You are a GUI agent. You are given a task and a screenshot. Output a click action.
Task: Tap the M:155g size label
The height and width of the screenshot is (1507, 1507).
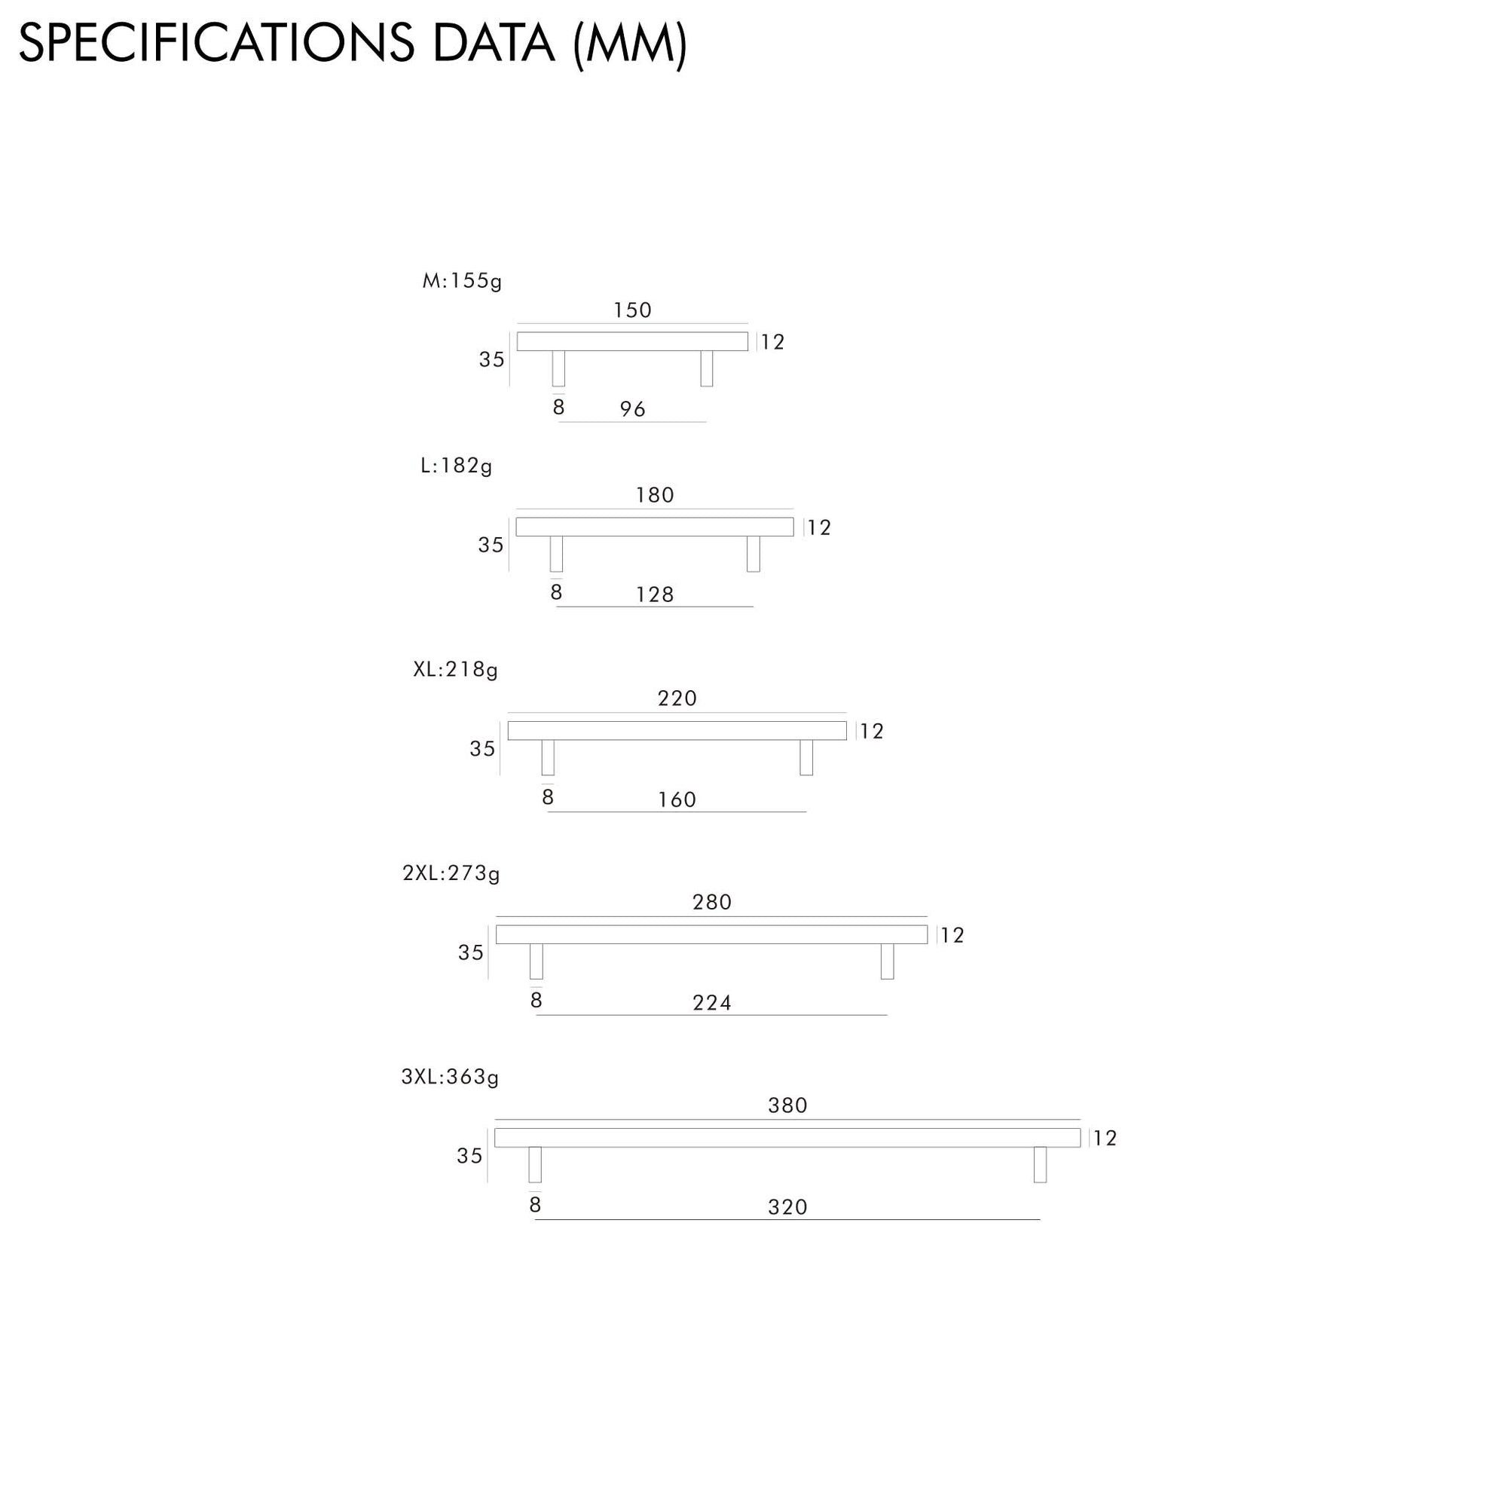[x=462, y=281]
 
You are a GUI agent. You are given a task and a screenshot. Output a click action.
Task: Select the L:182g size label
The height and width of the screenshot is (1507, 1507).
[x=457, y=466]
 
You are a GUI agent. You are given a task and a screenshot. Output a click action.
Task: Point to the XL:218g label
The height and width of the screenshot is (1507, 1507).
[x=456, y=669]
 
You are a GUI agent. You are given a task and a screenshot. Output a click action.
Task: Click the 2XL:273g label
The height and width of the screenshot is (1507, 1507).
[x=451, y=873]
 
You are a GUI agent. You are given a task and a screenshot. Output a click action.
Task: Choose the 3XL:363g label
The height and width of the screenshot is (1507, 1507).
[x=450, y=1077]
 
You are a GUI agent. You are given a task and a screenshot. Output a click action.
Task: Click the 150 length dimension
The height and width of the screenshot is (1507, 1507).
[x=632, y=310]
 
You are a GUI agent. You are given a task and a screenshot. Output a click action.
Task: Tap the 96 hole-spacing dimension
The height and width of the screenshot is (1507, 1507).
[x=633, y=408]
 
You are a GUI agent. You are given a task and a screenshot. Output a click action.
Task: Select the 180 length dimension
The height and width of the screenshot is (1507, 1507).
[x=655, y=495]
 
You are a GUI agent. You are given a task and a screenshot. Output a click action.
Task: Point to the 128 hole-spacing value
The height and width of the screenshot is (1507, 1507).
[x=655, y=595]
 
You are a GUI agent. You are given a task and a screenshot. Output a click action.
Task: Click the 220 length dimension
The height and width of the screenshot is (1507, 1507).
[x=677, y=698]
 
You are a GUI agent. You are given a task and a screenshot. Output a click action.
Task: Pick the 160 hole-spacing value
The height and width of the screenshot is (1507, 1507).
[x=677, y=799]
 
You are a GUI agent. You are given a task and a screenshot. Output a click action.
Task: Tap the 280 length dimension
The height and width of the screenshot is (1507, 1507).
[x=711, y=902]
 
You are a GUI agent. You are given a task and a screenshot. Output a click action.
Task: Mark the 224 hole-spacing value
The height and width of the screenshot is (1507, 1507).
[x=711, y=1002]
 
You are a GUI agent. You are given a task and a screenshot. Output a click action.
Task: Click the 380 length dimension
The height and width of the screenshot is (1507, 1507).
[x=787, y=1105]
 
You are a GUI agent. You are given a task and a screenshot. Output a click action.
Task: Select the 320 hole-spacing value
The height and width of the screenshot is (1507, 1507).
[x=787, y=1206]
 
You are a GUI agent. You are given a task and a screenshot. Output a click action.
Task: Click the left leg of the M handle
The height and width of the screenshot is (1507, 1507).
[x=558, y=368]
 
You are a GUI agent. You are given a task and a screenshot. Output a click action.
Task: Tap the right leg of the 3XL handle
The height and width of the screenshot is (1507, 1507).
[x=1040, y=1165]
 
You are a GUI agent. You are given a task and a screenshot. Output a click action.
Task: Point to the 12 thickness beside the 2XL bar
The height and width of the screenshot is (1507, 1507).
[x=952, y=935]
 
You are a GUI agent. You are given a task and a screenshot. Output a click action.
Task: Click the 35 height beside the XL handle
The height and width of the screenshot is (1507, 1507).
[x=482, y=749]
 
